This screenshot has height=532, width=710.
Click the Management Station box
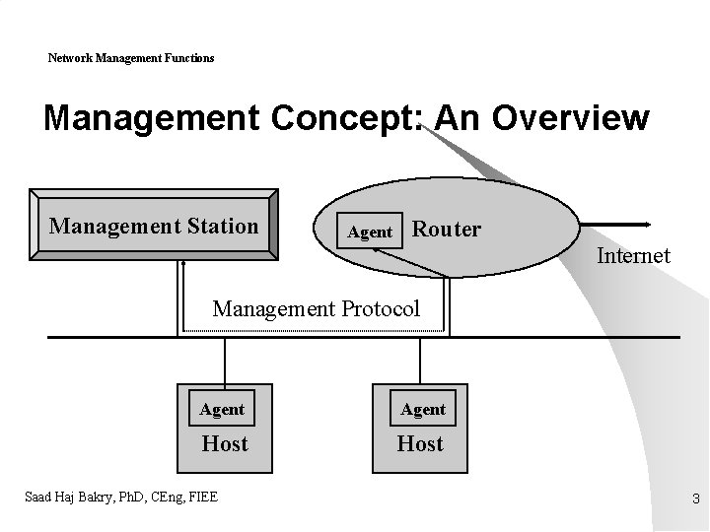[x=154, y=226]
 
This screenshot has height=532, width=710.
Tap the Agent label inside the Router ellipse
[x=371, y=233]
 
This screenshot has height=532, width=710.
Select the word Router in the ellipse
[x=447, y=230]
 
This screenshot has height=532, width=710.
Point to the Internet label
[x=633, y=256]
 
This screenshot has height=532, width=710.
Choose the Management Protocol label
[x=316, y=308]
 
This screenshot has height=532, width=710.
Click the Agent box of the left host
[x=222, y=409]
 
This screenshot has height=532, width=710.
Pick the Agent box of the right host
[x=423, y=409]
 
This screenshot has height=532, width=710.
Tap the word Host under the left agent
[x=225, y=443]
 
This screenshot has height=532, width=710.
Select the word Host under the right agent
[x=420, y=443]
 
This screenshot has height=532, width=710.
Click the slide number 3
[x=695, y=499]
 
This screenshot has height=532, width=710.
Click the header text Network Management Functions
[x=131, y=58]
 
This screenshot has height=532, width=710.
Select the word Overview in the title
[x=571, y=118]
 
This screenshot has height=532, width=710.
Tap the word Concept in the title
[x=338, y=118]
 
